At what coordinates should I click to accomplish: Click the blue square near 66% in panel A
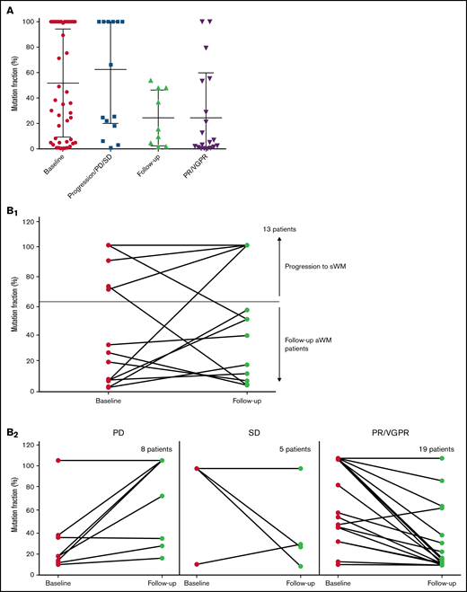click(x=111, y=65)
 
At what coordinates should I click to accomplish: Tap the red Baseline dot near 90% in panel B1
click(x=109, y=261)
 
